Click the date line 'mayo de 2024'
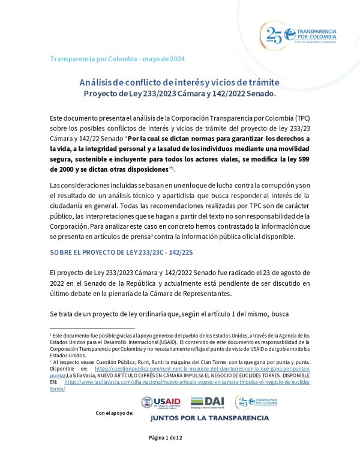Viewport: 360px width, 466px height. point(162,59)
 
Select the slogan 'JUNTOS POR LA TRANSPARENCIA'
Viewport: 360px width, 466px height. point(209,418)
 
